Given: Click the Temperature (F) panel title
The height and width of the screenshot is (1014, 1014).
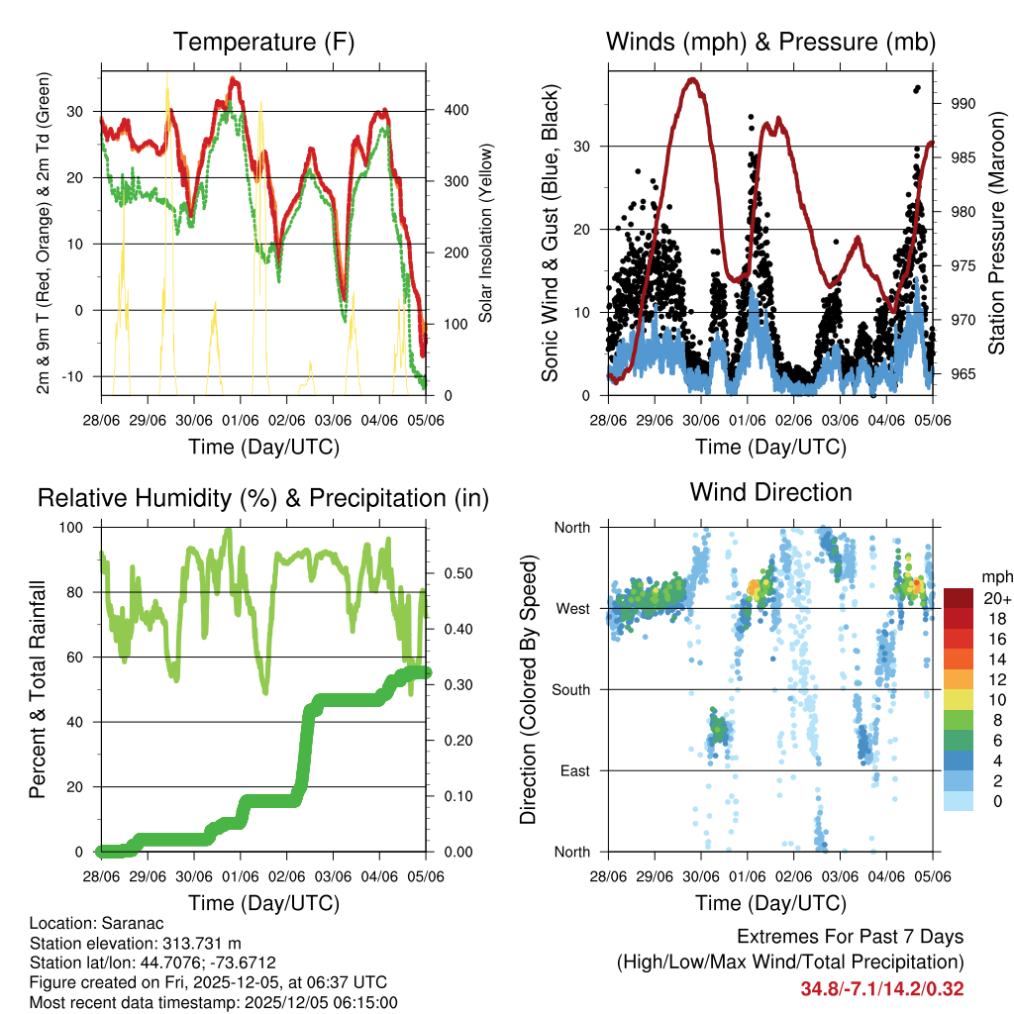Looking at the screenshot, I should (263, 42).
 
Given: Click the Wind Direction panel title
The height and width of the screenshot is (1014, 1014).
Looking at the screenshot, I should (770, 491).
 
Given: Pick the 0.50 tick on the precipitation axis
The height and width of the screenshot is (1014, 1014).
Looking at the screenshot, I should (450, 573).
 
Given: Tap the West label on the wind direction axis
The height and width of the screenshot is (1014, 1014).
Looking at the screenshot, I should (571, 608).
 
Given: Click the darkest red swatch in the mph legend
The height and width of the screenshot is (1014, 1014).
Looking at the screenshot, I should (958, 598).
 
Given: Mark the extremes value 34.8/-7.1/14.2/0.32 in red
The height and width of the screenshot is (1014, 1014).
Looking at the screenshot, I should (882, 988).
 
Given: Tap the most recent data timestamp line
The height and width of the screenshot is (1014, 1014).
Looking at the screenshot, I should (214, 1002).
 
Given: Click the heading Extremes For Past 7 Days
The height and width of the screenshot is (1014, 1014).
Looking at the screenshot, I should (850, 937).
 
